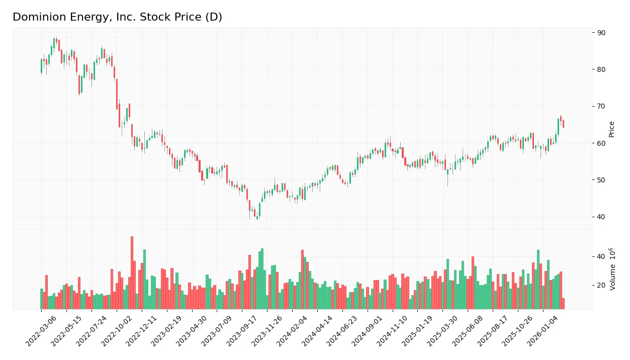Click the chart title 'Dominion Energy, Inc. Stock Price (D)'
(117, 17)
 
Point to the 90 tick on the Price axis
(601, 33)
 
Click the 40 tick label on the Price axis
(601, 217)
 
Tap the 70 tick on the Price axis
(601, 106)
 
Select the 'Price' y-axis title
(612, 129)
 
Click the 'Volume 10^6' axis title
(612, 269)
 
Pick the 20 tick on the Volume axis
(601, 285)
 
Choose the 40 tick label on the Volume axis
(601, 256)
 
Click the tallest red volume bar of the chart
(132, 273)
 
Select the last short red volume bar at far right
(563, 304)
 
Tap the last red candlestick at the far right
(563, 124)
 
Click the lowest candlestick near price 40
(257, 217)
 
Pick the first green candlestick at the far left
(41, 66)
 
